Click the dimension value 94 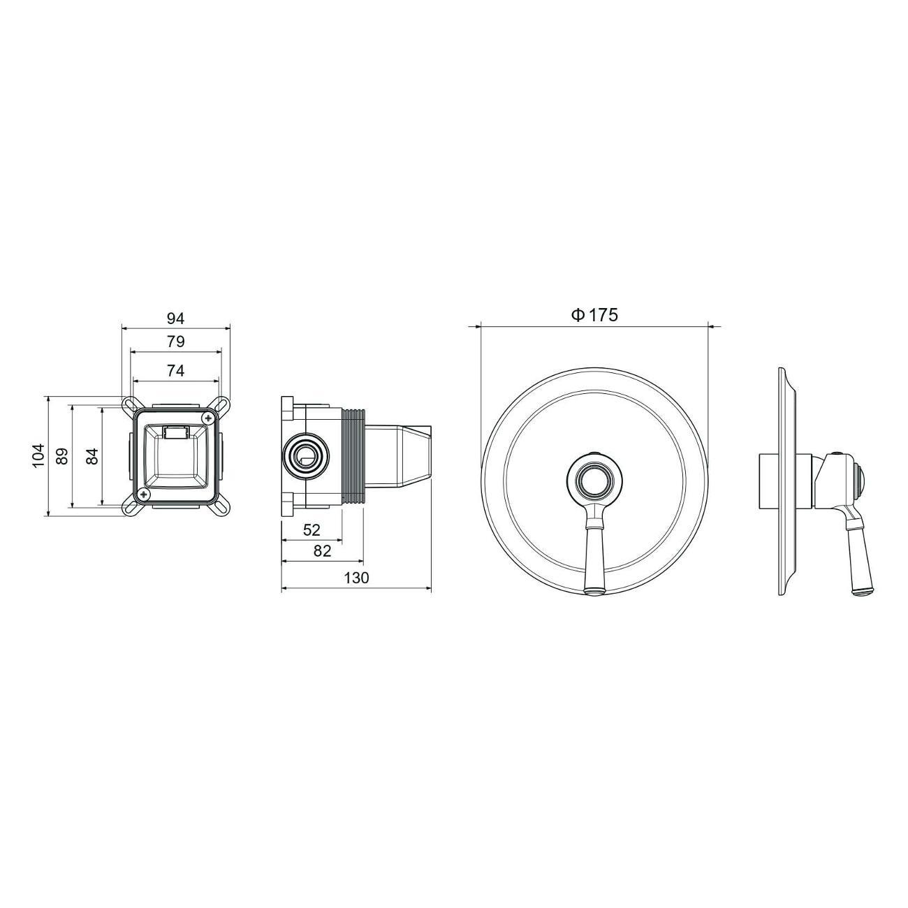tap(176, 319)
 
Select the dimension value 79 tap(176, 342)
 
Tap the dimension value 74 tap(176, 372)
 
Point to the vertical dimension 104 tap(38, 455)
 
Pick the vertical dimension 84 tap(94, 455)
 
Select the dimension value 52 tap(312, 530)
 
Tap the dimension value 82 tap(323, 550)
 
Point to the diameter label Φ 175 tap(594, 315)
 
